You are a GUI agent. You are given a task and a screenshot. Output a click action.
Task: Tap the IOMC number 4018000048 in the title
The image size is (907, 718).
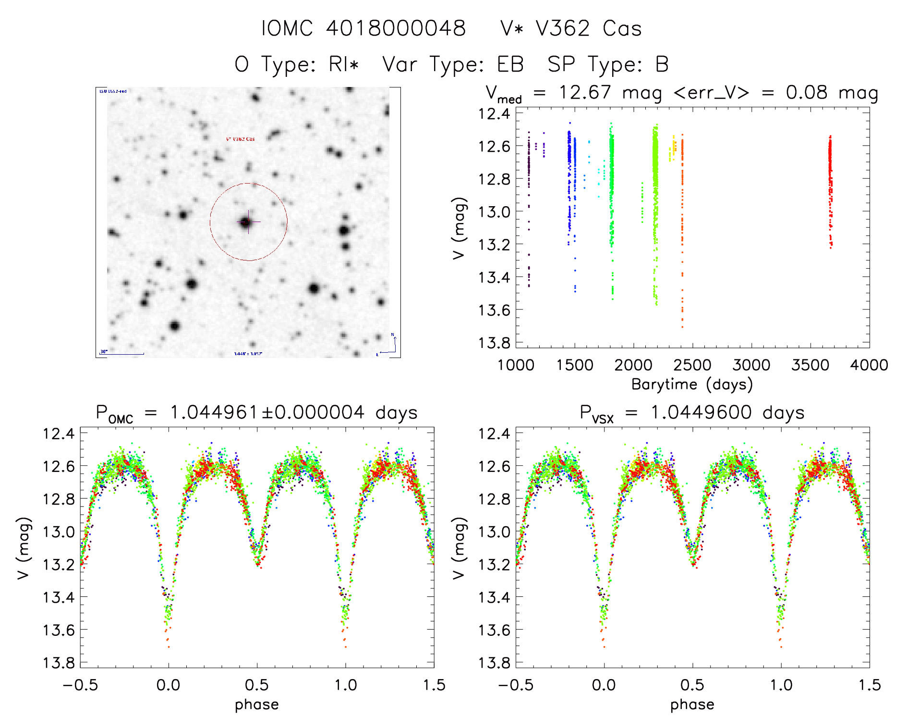(396, 29)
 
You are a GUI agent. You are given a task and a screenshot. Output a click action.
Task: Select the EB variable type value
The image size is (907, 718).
(510, 64)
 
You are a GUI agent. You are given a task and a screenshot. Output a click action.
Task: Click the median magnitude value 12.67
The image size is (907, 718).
(585, 92)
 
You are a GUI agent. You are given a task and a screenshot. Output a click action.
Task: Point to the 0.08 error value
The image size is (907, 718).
(807, 92)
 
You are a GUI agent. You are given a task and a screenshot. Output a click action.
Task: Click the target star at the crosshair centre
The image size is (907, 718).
(246, 222)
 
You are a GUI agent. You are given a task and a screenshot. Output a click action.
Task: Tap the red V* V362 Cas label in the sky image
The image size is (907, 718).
(241, 139)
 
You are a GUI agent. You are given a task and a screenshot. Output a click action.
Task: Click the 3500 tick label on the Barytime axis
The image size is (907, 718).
(810, 365)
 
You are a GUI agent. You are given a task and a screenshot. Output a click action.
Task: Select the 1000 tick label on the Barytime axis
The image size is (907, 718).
(516, 365)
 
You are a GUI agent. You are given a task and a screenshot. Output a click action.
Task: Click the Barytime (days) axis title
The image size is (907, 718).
(692, 384)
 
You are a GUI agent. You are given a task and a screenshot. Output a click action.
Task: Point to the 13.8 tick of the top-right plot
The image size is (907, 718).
(494, 343)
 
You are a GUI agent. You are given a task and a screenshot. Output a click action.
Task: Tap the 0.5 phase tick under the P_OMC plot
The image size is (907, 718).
(257, 685)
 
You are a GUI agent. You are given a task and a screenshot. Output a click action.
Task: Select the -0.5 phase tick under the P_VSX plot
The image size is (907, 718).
(516, 685)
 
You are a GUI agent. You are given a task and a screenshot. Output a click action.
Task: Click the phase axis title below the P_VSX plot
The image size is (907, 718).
(692, 705)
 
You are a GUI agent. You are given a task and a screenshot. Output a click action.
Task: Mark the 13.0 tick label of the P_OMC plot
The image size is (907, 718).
(59, 532)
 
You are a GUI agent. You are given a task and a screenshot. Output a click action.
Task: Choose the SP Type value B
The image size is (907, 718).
(662, 64)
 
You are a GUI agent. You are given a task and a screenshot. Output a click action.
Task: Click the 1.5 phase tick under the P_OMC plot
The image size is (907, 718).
(434, 685)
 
